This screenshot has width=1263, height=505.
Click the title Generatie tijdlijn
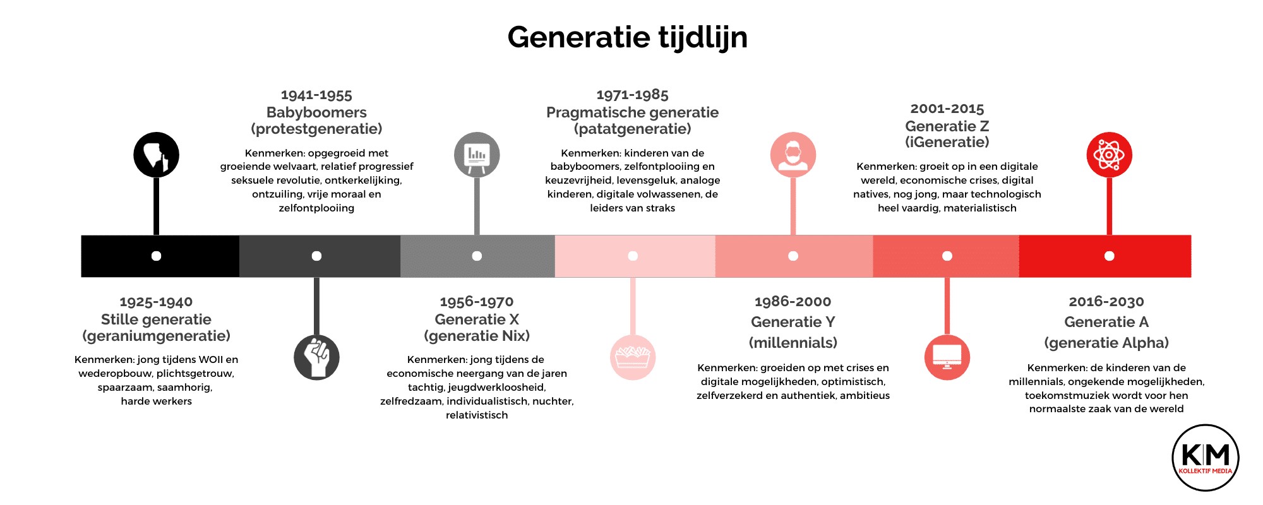[x=627, y=38]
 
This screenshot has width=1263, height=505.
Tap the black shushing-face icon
[x=156, y=155]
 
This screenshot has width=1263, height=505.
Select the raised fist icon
[x=316, y=357]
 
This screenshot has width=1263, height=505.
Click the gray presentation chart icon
[x=477, y=155]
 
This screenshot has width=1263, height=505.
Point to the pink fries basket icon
[x=633, y=357]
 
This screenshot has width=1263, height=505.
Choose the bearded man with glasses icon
[x=793, y=155]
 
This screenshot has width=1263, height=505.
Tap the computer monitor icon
[x=947, y=357]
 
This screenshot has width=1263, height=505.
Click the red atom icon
[x=1110, y=155]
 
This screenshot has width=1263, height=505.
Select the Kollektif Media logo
[x=1206, y=458]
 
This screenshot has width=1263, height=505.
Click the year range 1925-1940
[x=156, y=302]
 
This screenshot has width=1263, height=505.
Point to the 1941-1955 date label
[x=316, y=95]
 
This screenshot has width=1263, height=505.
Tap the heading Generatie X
[x=477, y=319]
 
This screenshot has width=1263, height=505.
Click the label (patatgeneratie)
[x=633, y=129]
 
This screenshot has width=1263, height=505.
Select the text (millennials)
[x=793, y=343]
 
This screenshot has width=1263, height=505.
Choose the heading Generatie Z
[x=947, y=126]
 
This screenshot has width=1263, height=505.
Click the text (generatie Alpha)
[x=1106, y=343]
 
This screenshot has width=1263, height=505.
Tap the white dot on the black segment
[x=156, y=256]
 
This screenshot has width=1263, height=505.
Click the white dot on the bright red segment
[x=1110, y=256]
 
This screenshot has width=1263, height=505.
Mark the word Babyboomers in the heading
[x=316, y=112]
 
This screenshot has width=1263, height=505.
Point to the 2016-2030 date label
[x=1106, y=302]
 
